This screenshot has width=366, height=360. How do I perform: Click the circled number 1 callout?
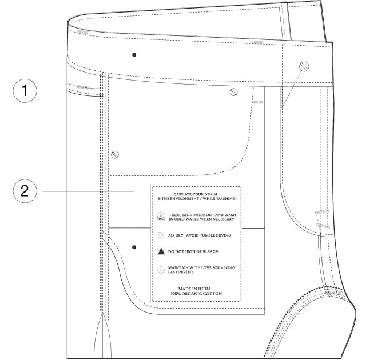click(x=25, y=90)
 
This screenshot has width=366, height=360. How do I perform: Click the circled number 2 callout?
click(x=25, y=191)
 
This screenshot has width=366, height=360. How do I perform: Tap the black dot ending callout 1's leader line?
click(x=134, y=55)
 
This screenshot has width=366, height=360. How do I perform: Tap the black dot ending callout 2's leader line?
click(x=134, y=247)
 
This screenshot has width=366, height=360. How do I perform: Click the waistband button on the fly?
click(x=304, y=67)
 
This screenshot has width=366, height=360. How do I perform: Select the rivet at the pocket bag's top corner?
click(x=234, y=92)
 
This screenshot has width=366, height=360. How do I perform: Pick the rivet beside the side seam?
click(x=115, y=155)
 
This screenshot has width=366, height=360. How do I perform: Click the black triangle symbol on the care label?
click(x=161, y=251)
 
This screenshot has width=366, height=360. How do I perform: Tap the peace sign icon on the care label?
click(x=161, y=270)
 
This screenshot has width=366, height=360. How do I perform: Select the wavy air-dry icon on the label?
click(x=161, y=235)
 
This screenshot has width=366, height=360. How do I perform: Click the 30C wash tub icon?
click(x=161, y=217)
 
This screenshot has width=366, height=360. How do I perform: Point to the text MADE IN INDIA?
click(x=194, y=289)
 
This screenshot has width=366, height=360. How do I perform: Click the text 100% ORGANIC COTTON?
click(x=196, y=294)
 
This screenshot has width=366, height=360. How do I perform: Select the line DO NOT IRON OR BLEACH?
click(x=193, y=251)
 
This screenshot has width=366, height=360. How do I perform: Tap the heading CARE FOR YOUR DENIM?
click(x=196, y=194)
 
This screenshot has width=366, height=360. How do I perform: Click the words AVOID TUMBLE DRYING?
click(x=208, y=235)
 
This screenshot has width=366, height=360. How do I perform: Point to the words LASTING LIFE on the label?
click(x=181, y=272)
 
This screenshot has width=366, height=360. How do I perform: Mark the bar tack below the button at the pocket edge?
click(x=257, y=102)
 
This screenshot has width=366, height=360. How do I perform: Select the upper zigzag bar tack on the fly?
click(x=321, y=212)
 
